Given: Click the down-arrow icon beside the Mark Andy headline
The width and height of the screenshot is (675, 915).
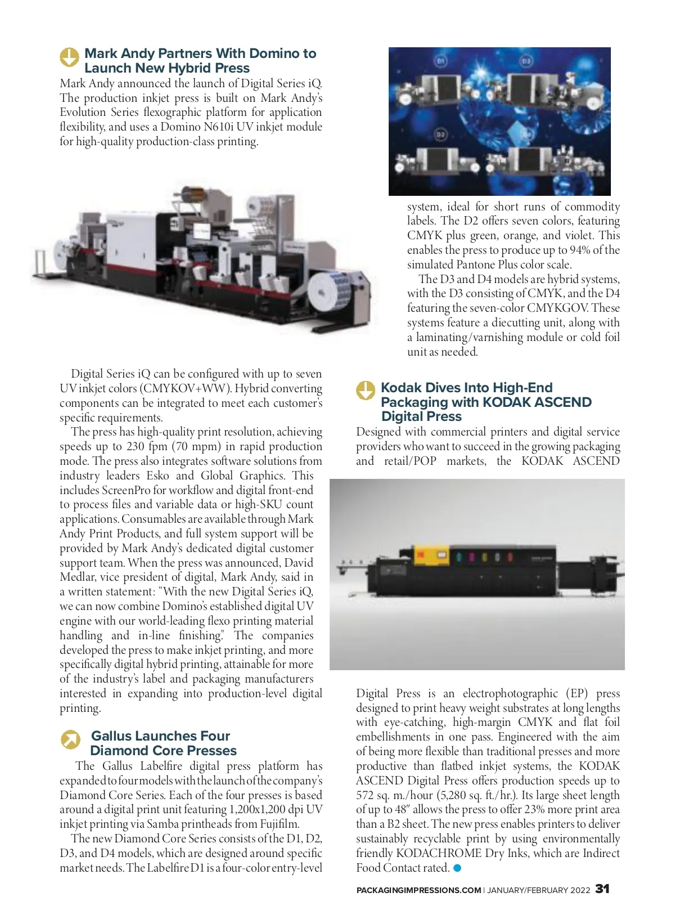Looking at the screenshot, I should [70, 57].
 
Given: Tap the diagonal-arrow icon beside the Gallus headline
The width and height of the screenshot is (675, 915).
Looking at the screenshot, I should [71, 739].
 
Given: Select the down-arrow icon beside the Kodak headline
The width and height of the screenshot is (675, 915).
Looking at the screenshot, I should [366, 391].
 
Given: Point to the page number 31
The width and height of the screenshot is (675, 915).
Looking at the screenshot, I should [602, 889].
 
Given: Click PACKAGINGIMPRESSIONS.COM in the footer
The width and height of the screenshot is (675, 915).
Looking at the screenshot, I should [418, 890].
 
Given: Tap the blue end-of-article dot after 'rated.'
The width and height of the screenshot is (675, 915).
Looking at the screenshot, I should [457, 868].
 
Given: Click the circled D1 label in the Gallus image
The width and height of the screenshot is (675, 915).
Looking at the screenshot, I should [441, 60].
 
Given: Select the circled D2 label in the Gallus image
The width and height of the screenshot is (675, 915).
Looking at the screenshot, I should [440, 134].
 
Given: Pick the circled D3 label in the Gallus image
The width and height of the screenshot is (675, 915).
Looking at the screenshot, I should [526, 60].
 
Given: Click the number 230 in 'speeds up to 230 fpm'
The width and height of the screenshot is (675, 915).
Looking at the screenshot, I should [136, 447].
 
